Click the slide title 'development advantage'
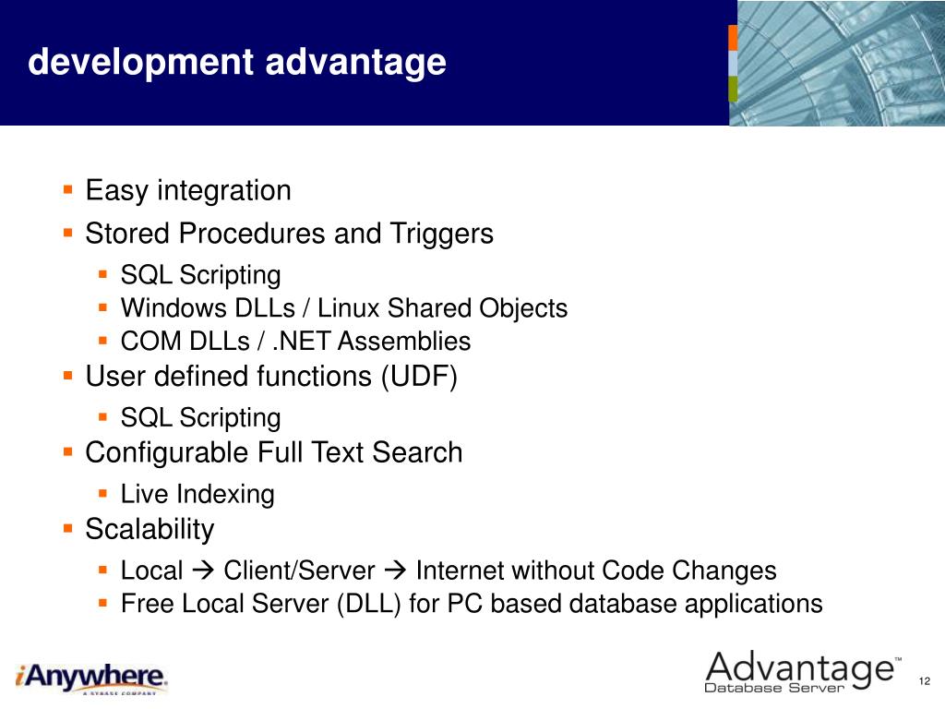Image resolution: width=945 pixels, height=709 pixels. [237, 63]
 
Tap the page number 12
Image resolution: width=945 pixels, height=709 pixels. [923, 681]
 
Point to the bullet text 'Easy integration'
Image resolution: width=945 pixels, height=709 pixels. [188, 191]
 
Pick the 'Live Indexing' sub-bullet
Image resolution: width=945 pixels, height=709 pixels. [197, 494]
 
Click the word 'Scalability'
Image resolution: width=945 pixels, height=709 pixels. [150, 529]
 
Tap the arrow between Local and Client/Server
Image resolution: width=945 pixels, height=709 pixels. [203, 571]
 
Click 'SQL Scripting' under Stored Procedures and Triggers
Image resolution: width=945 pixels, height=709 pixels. [200, 275]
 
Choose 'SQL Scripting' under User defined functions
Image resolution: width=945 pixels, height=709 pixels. [200, 418]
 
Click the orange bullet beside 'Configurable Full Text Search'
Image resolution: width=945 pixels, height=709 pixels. [68, 452]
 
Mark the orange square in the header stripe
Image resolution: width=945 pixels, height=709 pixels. [733, 38]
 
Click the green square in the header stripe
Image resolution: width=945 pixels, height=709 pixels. [733, 89]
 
